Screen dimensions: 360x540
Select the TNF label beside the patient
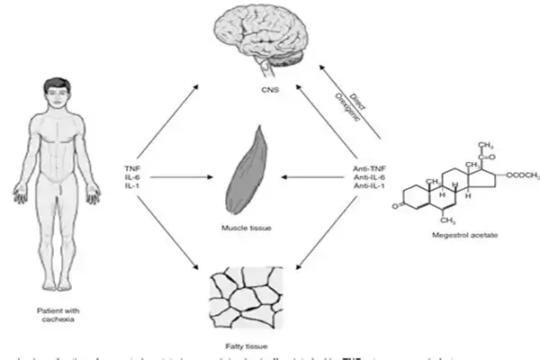click(133, 168)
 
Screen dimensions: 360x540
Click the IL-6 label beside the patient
click(133, 178)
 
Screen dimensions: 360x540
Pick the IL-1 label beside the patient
click(133, 188)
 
